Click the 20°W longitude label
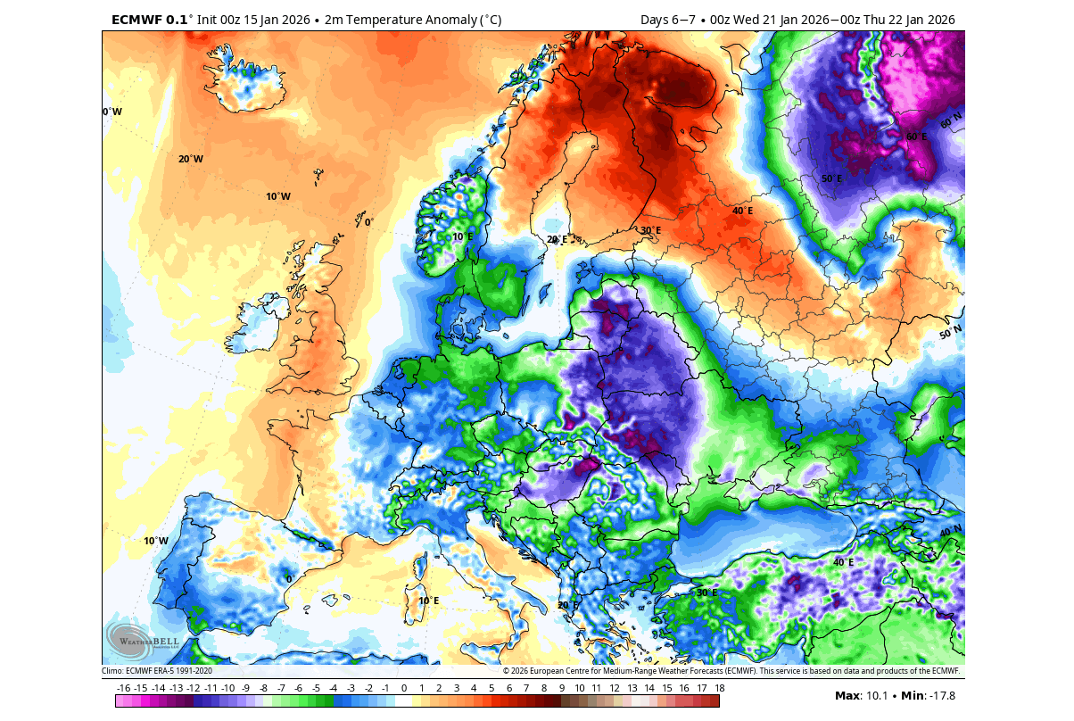click(190, 159)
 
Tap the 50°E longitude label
click(831, 178)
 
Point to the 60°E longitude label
click(916, 137)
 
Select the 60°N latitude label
click(951, 119)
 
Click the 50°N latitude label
click(950, 334)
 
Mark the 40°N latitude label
click(950, 532)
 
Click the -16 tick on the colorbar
click(124, 688)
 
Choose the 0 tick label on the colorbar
click(404, 688)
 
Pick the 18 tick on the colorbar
click(718, 688)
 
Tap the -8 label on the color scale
click(264, 688)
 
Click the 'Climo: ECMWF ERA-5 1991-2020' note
click(156, 670)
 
